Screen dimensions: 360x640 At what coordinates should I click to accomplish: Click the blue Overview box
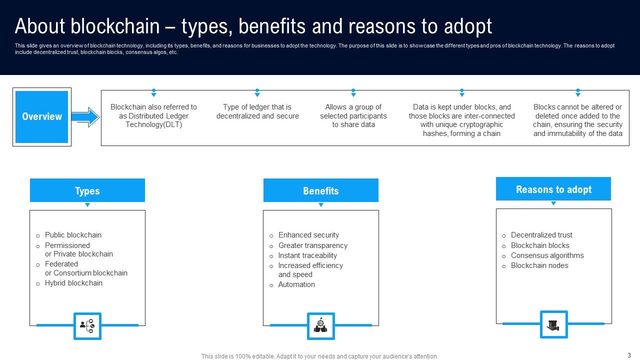click(42, 117)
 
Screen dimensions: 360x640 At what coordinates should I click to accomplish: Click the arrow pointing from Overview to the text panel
click(85, 117)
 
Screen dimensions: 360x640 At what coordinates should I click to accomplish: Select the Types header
click(87, 190)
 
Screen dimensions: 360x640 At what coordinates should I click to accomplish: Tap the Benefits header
click(320, 190)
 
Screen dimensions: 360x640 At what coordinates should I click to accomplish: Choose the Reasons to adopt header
click(553, 189)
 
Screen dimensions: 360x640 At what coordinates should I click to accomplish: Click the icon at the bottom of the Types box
click(87, 326)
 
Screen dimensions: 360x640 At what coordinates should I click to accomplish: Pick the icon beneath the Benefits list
click(320, 326)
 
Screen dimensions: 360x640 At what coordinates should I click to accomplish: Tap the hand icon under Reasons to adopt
click(553, 324)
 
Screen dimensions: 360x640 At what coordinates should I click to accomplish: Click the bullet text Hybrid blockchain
click(73, 283)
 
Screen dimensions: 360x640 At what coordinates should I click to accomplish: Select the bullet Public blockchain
click(73, 235)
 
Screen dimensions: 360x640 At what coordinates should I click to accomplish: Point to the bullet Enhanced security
click(308, 235)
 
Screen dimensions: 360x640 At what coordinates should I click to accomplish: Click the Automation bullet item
click(296, 284)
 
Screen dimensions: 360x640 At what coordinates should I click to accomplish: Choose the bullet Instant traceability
click(307, 255)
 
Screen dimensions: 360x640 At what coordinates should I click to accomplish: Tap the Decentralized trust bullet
click(541, 235)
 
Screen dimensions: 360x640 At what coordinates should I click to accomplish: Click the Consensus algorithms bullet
click(547, 255)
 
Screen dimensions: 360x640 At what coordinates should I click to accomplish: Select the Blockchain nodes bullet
click(539, 265)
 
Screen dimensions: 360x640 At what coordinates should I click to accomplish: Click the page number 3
click(628, 355)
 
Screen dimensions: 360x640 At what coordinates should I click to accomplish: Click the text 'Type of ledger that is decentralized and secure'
click(257, 111)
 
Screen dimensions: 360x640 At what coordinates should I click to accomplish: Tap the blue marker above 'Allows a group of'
click(353, 92)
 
